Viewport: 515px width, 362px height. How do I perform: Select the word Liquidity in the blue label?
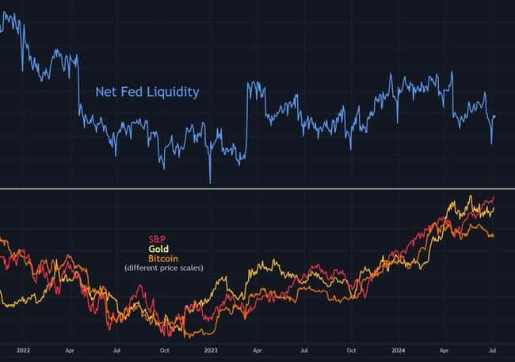click(x=172, y=92)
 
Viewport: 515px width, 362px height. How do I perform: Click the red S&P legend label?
click(x=157, y=239)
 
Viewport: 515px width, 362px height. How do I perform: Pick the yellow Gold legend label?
click(x=158, y=249)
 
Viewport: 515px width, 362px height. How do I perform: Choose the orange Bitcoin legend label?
click(x=163, y=259)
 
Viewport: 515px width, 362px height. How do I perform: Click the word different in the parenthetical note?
click(x=143, y=269)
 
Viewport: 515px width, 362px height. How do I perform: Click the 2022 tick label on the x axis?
click(x=23, y=349)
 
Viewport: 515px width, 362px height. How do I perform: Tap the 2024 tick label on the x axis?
click(x=399, y=349)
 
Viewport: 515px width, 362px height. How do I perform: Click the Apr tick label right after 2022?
click(x=70, y=349)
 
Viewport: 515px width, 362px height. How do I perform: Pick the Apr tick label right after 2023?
click(x=257, y=349)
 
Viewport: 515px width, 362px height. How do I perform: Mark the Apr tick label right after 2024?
click(x=445, y=349)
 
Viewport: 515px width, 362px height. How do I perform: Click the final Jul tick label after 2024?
click(x=492, y=349)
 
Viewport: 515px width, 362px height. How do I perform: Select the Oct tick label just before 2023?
click(x=164, y=349)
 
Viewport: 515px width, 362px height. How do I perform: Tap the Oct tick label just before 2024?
click(x=352, y=349)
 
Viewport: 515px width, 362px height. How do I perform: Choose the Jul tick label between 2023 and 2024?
click(x=304, y=349)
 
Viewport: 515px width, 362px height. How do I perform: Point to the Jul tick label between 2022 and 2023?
click(x=116, y=349)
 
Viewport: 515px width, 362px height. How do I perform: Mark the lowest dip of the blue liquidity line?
click(x=210, y=182)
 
